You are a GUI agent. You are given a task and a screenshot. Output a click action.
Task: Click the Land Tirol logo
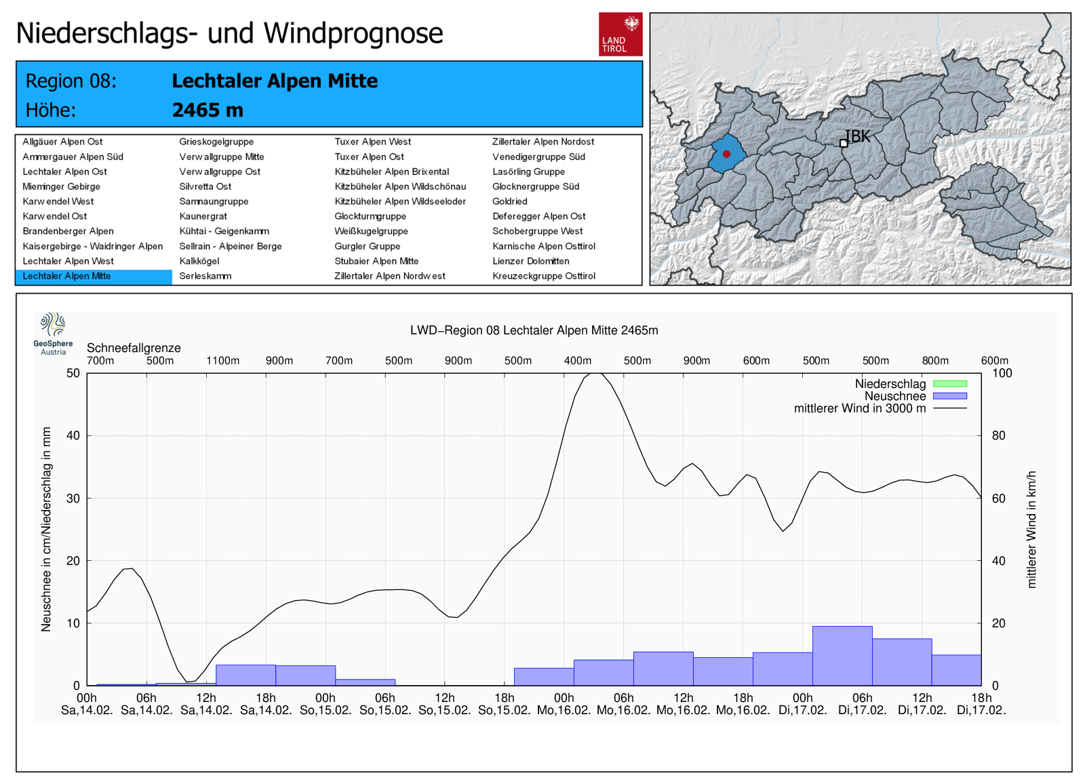click(x=620, y=34)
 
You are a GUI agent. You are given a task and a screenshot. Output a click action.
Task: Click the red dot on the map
click(x=726, y=154)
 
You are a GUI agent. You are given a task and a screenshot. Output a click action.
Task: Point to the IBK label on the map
click(x=858, y=136)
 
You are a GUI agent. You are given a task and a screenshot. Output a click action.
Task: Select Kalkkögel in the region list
click(x=199, y=261)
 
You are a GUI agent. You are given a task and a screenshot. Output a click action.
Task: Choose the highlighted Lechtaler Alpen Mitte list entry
click(x=66, y=276)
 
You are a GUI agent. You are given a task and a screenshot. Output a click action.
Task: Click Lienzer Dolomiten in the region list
click(x=530, y=261)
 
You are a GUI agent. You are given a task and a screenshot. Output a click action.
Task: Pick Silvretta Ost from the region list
click(x=205, y=187)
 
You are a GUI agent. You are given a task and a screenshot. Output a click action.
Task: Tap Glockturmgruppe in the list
click(x=370, y=216)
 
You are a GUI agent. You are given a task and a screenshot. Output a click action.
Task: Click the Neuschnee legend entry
click(x=895, y=396)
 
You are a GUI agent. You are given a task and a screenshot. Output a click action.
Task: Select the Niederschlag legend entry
click(x=890, y=384)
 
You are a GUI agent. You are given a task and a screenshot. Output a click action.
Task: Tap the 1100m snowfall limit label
click(x=222, y=361)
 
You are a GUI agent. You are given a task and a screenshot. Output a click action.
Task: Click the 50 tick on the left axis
click(x=73, y=373)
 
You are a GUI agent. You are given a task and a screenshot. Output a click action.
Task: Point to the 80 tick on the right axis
click(x=998, y=435)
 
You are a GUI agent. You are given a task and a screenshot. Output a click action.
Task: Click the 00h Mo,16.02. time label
click(x=564, y=704)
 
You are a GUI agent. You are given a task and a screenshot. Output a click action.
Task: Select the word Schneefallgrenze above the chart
click(x=134, y=348)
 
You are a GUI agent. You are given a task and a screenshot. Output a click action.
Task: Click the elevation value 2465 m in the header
click(x=208, y=110)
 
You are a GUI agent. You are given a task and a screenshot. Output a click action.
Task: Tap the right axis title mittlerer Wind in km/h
click(x=1031, y=529)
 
